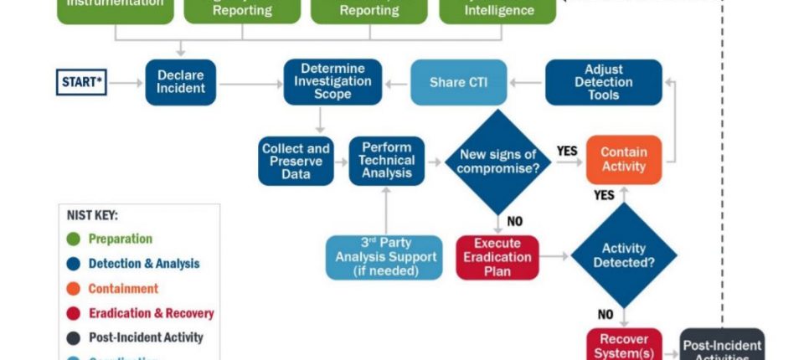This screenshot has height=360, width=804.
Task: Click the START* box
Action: (82, 82)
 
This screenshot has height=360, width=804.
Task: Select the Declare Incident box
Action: (180, 82)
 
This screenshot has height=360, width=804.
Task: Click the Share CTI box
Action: (458, 82)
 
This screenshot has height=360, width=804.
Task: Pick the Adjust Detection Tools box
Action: (603, 82)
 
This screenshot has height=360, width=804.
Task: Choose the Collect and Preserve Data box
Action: (296, 161)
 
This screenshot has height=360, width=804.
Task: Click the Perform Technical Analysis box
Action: (386, 161)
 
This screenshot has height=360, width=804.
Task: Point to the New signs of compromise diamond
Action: (497, 162)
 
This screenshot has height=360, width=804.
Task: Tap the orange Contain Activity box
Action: (624, 160)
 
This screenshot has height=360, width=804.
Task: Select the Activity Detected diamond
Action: (624, 255)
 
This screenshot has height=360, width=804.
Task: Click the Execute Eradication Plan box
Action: (497, 256)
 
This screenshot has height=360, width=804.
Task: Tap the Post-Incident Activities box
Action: (722, 347)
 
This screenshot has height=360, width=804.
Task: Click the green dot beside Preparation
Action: (74, 239)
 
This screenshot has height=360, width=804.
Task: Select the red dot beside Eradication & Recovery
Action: (74, 313)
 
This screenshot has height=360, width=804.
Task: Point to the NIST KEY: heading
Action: (92, 215)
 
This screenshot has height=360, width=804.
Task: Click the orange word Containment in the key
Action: (123, 288)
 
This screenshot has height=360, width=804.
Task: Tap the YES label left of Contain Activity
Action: (567, 152)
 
